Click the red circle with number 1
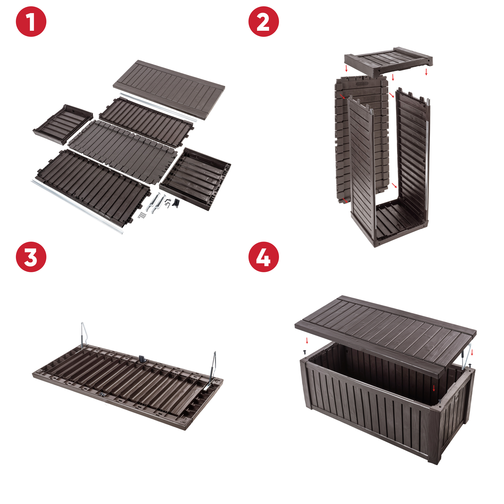pos(31,22)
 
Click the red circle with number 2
pos(264,22)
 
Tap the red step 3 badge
pos(31,257)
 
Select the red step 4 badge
pos(264,257)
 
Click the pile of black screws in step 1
pos(143,215)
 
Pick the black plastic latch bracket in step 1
pos(176,203)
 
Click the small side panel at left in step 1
pos(63,124)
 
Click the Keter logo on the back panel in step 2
pos(362,84)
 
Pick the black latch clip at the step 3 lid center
pos(142,359)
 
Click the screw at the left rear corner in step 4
pos(305,352)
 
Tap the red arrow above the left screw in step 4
pos(307,340)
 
